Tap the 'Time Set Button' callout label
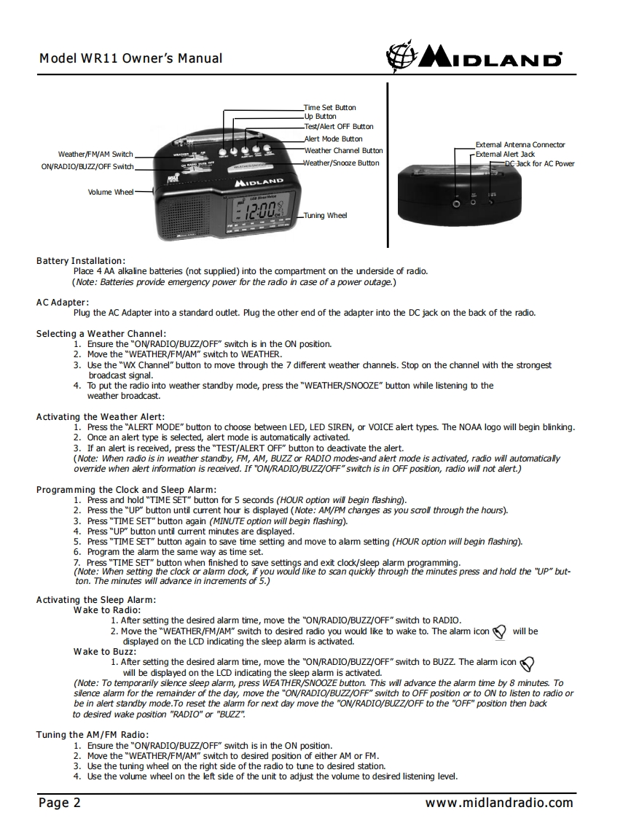(329, 107)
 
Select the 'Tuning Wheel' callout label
(326, 215)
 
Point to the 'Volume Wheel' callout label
(112, 192)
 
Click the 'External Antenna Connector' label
(520, 144)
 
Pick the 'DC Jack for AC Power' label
(539, 163)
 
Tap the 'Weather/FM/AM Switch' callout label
(95, 154)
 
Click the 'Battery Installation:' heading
(81, 260)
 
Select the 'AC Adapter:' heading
(63, 302)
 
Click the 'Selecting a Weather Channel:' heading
(101, 333)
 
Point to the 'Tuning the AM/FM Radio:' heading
(93, 734)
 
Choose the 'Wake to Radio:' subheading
(107, 609)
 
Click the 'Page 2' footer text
(60, 803)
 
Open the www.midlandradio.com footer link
(500, 803)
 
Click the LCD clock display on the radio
(261, 214)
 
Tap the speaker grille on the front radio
(179, 214)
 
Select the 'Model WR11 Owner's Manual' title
(131, 58)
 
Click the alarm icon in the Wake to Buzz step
(528, 663)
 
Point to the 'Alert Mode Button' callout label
(333, 139)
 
